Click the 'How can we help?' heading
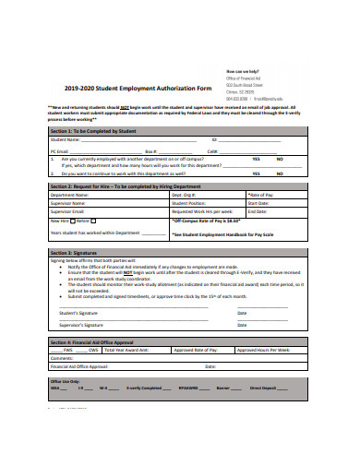pyautogui.click(x=244, y=70)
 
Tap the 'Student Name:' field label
pyautogui.click(x=66, y=140)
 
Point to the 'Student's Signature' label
pyautogui.click(x=75, y=314)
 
